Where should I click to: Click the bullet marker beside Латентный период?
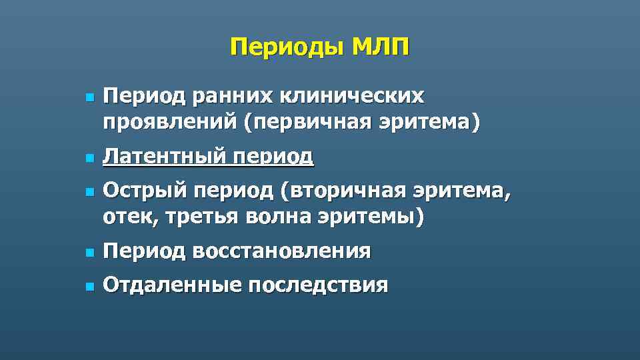click(87, 158)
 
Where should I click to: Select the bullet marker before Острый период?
click(87, 193)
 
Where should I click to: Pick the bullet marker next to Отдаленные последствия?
click(87, 287)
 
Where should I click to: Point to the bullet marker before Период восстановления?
click(87, 253)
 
